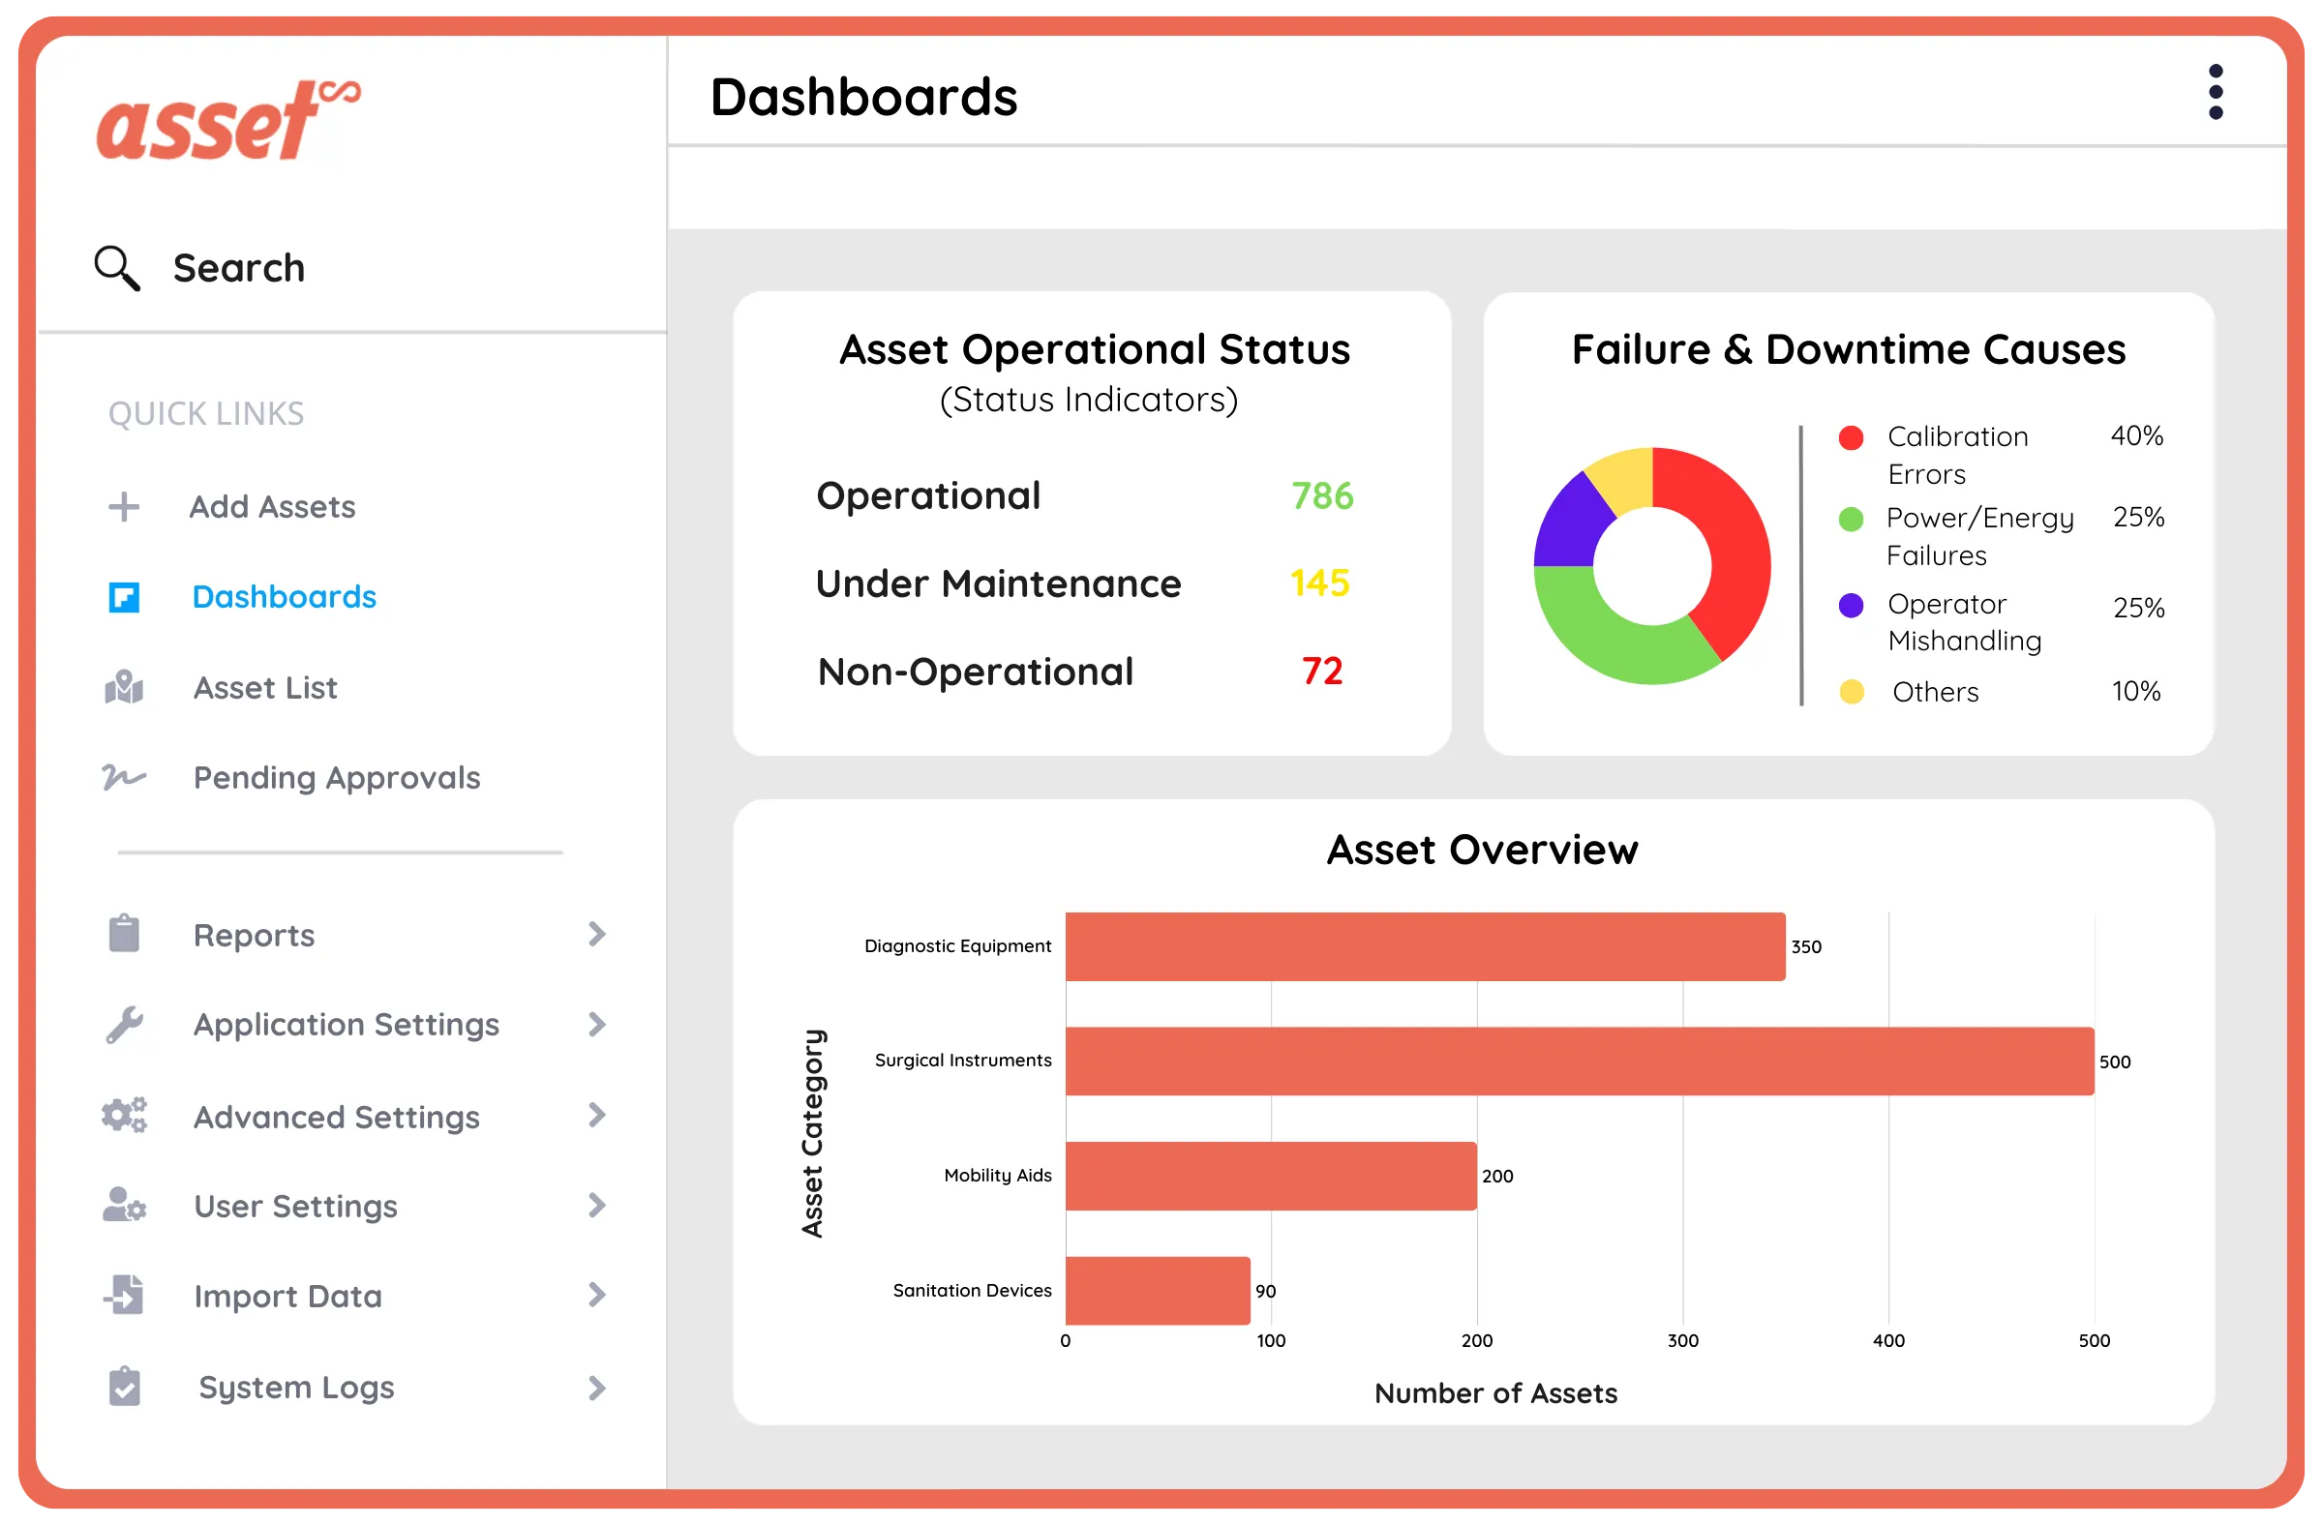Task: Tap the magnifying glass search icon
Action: pyautogui.click(x=117, y=268)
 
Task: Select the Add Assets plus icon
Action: pyautogui.click(x=124, y=507)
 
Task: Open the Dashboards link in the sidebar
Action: pyautogui.click(x=283, y=597)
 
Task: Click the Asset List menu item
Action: pyautogui.click(x=264, y=688)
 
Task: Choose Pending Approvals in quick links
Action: pyautogui.click(x=336, y=778)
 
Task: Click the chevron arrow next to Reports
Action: pyautogui.click(x=597, y=935)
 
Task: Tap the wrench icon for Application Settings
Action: pyautogui.click(x=124, y=1026)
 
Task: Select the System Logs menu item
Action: pyautogui.click(x=296, y=1388)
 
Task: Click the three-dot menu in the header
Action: pyautogui.click(x=2216, y=93)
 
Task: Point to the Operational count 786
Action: pyautogui.click(x=1321, y=496)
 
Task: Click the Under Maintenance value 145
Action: pyautogui.click(x=1319, y=583)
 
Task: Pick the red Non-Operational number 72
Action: pyautogui.click(x=1321, y=672)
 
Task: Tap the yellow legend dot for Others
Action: pyautogui.click(x=1852, y=692)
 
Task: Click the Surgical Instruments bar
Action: pyautogui.click(x=1580, y=1062)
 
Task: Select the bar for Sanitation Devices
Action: pyautogui.click(x=1158, y=1291)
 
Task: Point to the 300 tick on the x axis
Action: pyautogui.click(x=1682, y=1340)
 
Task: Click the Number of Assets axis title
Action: pyautogui.click(x=1495, y=1393)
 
